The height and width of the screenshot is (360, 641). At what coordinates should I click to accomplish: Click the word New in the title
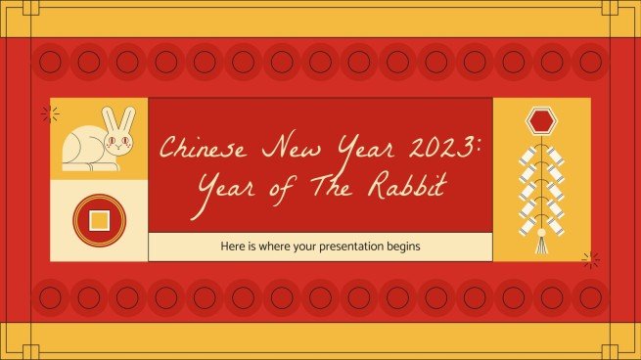coord(282,150)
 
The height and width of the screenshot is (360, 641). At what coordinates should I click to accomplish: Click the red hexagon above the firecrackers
coord(541,122)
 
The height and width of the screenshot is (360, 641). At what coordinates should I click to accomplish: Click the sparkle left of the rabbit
coord(46,113)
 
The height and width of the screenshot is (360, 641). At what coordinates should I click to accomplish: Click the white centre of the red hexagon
coord(541,122)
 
